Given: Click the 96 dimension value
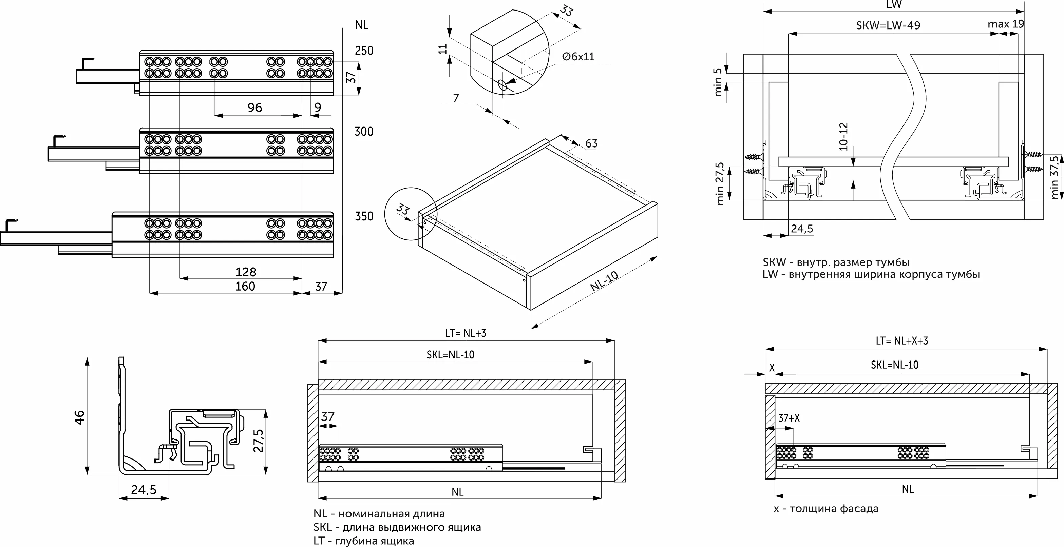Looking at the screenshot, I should pyautogui.click(x=255, y=108).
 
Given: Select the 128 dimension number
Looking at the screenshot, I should pyautogui.click(x=246, y=272).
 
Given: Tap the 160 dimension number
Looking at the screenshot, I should pyautogui.click(x=245, y=286).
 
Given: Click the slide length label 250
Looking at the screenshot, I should pyautogui.click(x=364, y=51).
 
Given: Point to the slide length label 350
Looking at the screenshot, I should pyautogui.click(x=364, y=216).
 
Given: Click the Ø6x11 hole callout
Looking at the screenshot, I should pyautogui.click(x=578, y=57).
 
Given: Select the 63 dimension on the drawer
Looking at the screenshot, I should pyautogui.click(x=591, y=144).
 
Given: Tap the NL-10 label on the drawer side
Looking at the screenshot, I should pyautogui.click(x=604, y=281).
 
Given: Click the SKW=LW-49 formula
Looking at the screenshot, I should pyautogui.click(x=888, y=25).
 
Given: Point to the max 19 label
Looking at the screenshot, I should pyautogui.click(x=1006, y=24).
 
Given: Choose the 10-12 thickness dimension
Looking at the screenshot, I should pyautogui.click(x=843, y=136).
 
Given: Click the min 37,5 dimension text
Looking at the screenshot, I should pyautogui.click(x=1055, y=177).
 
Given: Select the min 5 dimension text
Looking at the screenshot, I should pyautogui.click(x=718, y=82).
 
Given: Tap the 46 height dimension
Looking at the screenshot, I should pyautogui.click(x=79, y=417).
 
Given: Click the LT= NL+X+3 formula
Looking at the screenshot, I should pyautogui.click(x=902, y=340).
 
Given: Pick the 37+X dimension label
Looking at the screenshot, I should pyautogui.click(x=788, y=418).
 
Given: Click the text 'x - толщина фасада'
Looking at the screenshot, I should pyautogui.click(x=826, y=509).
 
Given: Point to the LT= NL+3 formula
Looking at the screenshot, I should pyautogui.click(x=465, y=333).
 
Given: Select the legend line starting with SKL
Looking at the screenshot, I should pyautogui.click(x=397, y=527).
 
